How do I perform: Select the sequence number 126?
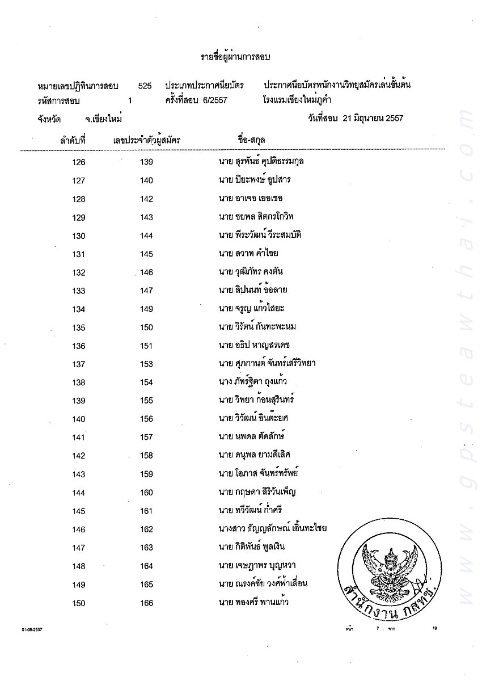point(79,162)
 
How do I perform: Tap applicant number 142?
point(146,199)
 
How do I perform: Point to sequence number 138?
point(79,382)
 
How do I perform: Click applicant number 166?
point(146,603)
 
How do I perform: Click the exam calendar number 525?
point(145,86)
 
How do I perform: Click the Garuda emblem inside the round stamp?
point(389,567)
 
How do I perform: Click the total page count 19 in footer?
point(435,628)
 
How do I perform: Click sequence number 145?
point(79,511)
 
